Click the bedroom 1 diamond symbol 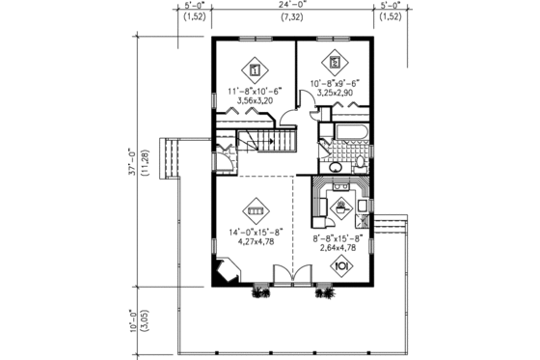[x=256, y=69]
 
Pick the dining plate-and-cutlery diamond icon [x=339, y=263]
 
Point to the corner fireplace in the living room [x=226, y=269]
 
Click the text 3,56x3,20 [x=250, y=99]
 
